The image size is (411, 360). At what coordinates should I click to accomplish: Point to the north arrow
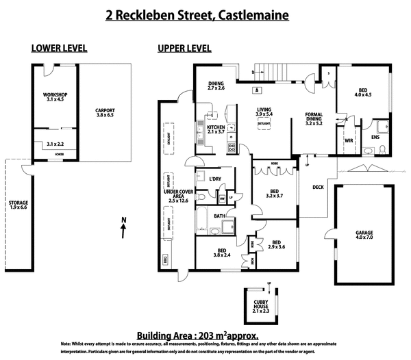click(x=122, y=229)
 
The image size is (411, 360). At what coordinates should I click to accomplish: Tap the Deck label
click(x=318, y=187)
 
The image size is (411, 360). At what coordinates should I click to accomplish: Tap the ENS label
click(x=375, y=137)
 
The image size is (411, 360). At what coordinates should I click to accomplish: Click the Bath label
click(x=219, y=216)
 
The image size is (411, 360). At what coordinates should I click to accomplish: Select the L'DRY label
click(x=215, y=179)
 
